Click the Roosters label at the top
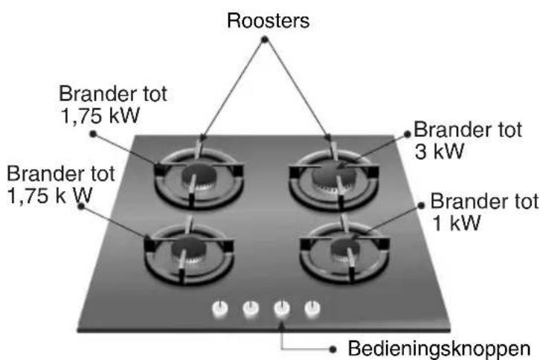269,21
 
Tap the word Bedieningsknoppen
439,348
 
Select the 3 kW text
440,151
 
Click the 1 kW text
456,223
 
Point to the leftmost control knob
219,308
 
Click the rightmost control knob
312,308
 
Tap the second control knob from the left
251,308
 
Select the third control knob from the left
282,308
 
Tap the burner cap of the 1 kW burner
345,248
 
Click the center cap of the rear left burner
199,176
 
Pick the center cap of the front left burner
189,248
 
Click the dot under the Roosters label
265,40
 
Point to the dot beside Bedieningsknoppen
332,350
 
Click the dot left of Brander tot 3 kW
408,134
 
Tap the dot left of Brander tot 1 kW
421,205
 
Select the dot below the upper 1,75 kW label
93,134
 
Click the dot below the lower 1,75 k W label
81,206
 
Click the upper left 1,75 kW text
100,115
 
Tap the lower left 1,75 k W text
50,196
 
